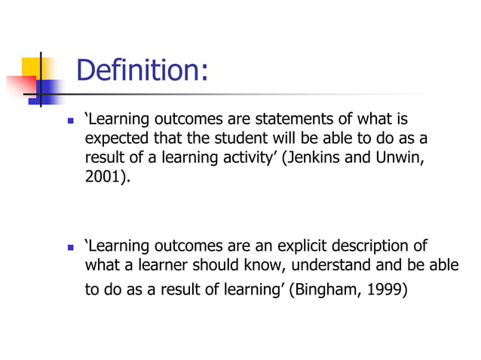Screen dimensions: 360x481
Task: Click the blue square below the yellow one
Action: pyautogui.click(x=49, y=90)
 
